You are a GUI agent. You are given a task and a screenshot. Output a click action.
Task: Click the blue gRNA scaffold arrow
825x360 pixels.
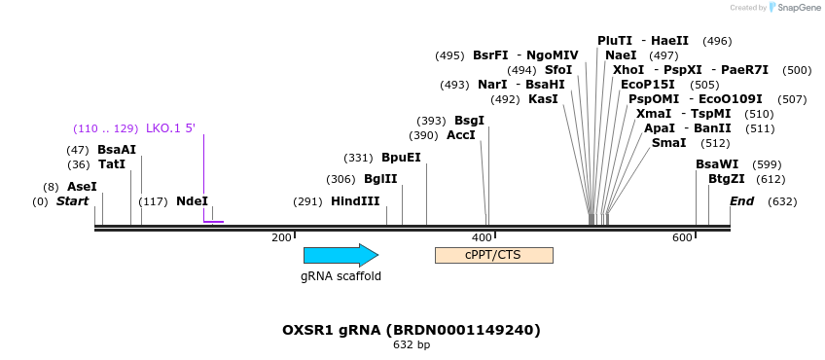click(341, 255)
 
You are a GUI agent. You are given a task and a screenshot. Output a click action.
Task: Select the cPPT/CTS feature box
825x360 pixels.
click(494, 255)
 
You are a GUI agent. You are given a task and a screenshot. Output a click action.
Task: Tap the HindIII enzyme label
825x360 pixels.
click(355, 201)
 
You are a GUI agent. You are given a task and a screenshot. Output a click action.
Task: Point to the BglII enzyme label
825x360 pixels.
click(380, 179)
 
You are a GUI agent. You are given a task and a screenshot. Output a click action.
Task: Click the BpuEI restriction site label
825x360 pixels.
click(402, 158)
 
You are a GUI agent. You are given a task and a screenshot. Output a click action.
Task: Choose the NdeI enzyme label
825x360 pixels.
click(192, 201)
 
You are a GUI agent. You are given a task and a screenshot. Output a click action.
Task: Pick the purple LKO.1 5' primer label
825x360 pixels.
click(170, 128)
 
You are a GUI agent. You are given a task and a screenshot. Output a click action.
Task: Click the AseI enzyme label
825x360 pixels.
click(82, 187)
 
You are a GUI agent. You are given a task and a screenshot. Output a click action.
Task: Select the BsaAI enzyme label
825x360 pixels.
click(117, 150)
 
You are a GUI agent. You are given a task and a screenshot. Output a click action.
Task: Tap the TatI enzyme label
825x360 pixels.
click(112, 164)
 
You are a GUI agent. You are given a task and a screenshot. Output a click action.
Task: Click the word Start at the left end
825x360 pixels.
click(73, 201)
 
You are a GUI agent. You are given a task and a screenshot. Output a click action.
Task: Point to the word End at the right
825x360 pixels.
click(742, 201)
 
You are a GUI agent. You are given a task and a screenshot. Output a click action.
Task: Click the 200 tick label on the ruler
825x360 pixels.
click(281, 238)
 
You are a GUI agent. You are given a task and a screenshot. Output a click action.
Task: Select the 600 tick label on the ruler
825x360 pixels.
click(682, 238)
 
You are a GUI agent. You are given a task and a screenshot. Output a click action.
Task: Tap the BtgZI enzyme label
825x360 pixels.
click(727, 179)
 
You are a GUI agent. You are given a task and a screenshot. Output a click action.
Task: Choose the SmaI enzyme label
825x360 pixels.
click(668, 143)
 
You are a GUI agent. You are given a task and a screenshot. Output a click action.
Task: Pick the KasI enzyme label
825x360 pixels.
click(543, 99)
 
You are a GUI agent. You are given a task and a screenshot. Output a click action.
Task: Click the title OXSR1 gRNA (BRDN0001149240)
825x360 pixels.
click(412, 330)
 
